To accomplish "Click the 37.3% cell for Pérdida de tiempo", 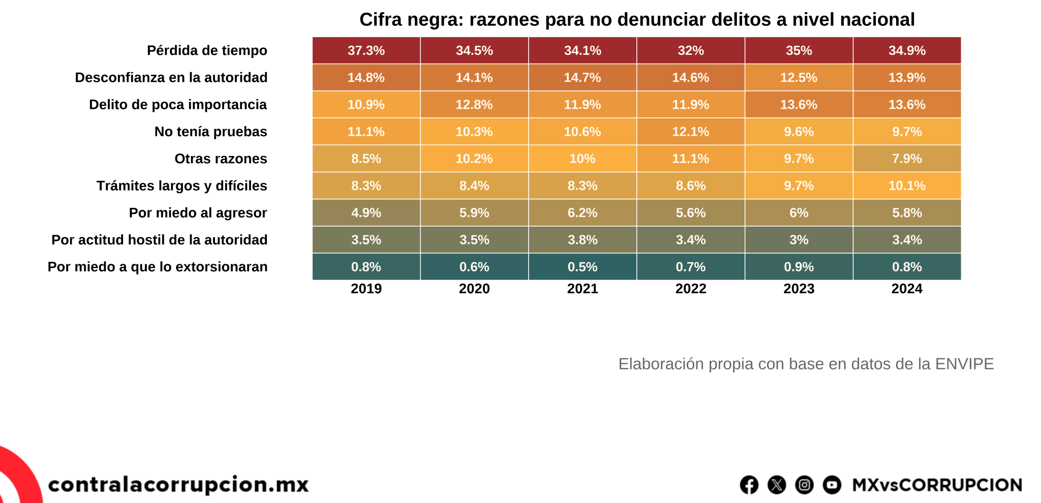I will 366,51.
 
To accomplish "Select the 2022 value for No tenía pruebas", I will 691,132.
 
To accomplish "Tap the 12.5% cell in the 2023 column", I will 799,78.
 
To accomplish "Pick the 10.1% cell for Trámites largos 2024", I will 907,185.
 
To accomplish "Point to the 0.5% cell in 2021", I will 583,267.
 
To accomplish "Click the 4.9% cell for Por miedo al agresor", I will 366,213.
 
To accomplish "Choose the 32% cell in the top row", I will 691,51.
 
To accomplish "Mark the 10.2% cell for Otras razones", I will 474,159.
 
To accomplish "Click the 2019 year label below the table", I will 366,289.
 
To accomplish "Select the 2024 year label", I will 907,289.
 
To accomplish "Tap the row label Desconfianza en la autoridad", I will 171,78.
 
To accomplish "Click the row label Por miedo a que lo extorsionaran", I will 158,267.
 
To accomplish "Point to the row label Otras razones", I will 221,159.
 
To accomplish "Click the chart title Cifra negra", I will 637,20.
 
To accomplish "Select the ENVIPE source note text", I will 806,364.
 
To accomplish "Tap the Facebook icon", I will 749,485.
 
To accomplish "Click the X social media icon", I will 777,485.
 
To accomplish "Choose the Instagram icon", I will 804,485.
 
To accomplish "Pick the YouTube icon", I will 832,485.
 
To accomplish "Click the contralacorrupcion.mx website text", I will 178,484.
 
